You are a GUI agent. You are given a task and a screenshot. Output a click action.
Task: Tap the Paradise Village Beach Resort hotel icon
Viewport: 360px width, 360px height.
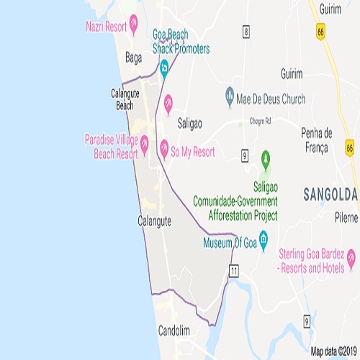pos(145,144)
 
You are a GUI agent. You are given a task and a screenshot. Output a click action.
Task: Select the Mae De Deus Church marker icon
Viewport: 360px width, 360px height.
pos(230,94)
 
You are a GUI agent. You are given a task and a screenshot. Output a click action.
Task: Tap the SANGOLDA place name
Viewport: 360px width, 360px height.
pos(330,194)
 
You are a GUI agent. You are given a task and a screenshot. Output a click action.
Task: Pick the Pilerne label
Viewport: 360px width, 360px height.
pos(346,216)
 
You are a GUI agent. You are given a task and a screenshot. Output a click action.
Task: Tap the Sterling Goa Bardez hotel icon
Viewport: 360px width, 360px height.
pos(351,256)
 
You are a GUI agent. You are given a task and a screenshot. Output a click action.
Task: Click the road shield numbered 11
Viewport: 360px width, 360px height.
pos(234,270)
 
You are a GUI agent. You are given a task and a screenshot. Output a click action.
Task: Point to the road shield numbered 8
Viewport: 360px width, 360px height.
pos(246,31)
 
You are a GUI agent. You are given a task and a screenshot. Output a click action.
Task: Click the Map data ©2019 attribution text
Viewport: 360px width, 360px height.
pos(334,352)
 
